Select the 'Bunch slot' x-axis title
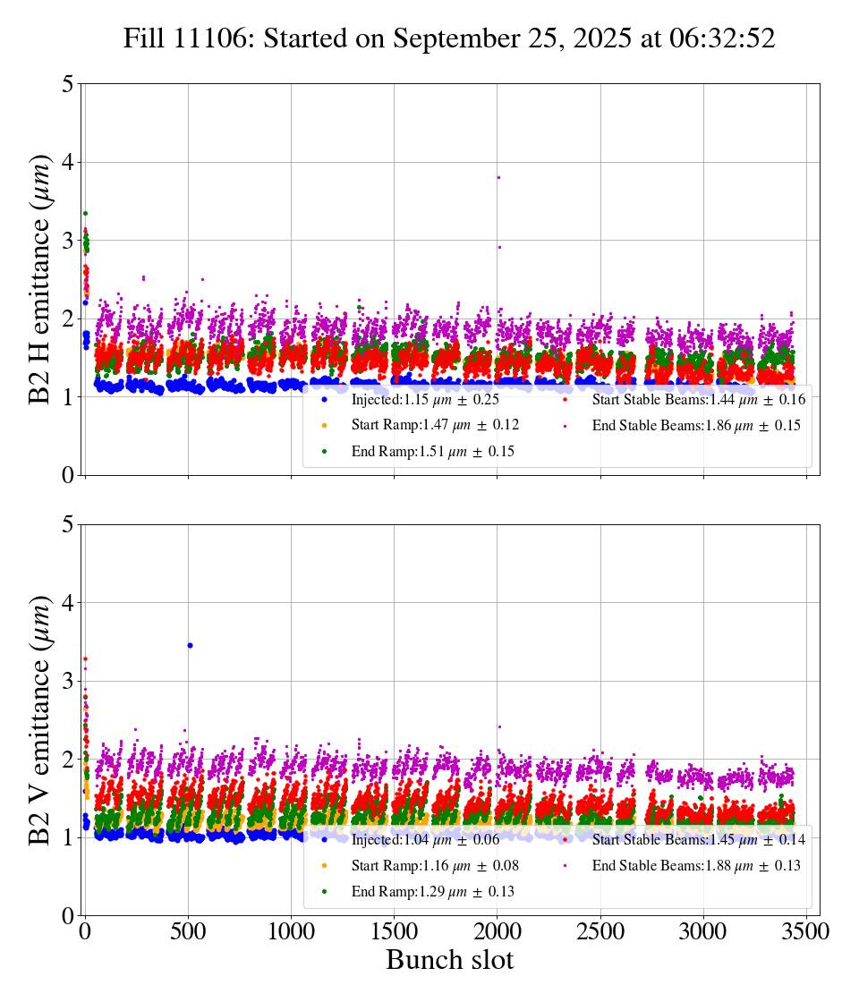449,961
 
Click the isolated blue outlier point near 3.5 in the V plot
190,645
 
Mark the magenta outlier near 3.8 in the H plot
498,177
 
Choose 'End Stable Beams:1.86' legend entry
695,426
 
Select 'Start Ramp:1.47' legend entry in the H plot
434,426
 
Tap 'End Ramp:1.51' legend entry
432,452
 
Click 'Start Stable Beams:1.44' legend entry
698,400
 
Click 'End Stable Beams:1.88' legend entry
695,866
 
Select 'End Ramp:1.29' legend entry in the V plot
432,892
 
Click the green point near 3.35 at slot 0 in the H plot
85,213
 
